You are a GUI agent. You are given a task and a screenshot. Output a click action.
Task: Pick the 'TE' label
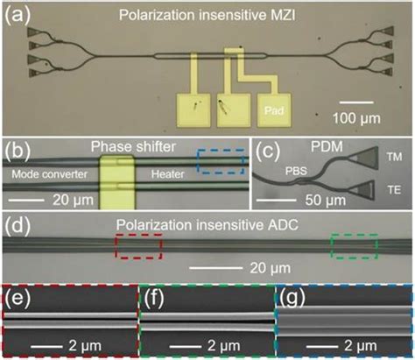coord(391,187)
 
